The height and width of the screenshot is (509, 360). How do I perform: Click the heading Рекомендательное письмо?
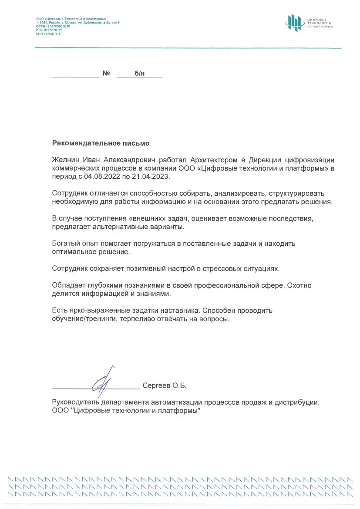click(x=101, y=143)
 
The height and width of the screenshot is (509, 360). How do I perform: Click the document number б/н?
click(x=139, y=74)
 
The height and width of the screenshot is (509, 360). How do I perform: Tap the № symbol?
click(x=106, y=74)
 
